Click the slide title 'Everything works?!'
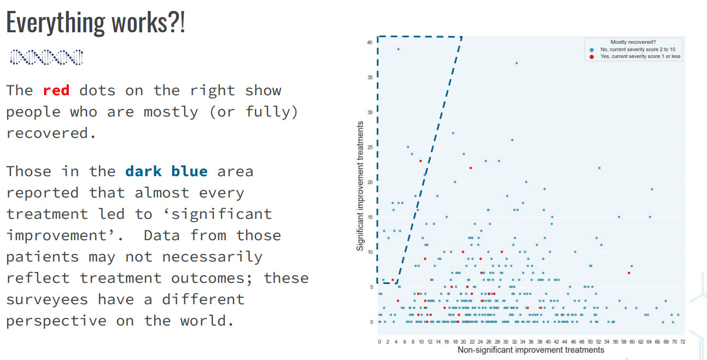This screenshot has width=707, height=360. pos(96,22)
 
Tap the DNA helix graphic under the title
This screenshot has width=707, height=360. pos(46,57)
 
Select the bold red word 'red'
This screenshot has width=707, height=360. pos(56,91)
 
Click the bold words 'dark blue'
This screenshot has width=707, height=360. pos(166,171)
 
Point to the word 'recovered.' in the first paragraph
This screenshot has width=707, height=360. pos(51,133)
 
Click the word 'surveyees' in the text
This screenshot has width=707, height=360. pos(47,300)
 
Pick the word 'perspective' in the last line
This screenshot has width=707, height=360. pos(56,321)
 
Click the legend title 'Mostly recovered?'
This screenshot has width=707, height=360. pos(633,42)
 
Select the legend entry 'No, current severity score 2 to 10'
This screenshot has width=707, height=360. pos(638,50)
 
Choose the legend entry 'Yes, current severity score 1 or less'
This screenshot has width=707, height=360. pos(640,56)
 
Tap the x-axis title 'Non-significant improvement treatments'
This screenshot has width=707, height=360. pos(531,350)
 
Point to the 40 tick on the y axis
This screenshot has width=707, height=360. pos(370,43)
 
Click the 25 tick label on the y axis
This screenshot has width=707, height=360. pos(370,148)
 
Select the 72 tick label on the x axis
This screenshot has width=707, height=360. pos(683,342)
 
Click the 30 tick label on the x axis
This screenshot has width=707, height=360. pos(506,342)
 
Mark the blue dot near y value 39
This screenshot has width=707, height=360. pos(398,49)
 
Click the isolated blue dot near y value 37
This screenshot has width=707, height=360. pos(516,63)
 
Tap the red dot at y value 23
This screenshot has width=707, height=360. pos(420,161)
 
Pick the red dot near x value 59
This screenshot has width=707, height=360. pos(629,273)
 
